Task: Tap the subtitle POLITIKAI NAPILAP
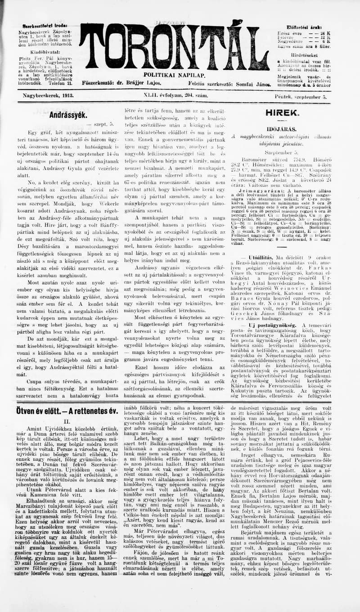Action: (x=175, y=75)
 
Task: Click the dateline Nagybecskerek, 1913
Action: (x=48, y=96)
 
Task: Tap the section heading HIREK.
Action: (x=282, y=113)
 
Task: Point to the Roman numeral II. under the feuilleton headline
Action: (x=67, y=422)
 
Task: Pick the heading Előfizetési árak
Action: (x=304, y=27)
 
